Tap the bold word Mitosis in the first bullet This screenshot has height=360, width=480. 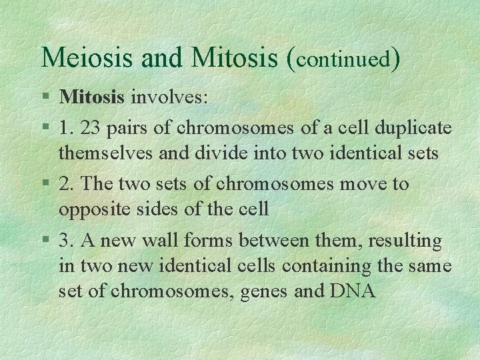(92, 97)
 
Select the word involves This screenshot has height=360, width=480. (169, 98)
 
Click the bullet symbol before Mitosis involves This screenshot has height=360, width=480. (45, 98)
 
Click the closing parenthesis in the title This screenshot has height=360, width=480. (396, 59)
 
